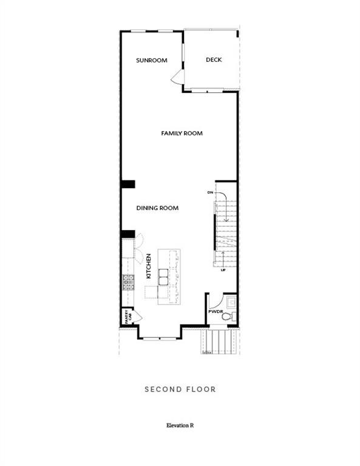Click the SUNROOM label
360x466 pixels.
click(x=151, y=60)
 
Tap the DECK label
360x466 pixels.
click(x=213, y=59)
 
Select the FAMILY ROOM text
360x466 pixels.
click(x=182, y=133)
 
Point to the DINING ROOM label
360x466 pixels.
click(x=157, y=208)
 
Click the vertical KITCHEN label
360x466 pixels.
click(x=148, y=266)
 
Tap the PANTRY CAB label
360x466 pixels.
click(x=128, y=316)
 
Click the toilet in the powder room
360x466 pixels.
click(x=226, y=316)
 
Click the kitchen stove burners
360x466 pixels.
click(x=128, y=283)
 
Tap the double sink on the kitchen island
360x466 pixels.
click(x=164, y=277)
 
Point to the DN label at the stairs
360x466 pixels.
click(x=210, y=192)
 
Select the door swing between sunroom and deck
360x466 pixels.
click(x=176, y=76)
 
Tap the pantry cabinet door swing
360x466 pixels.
click(x=137, y=316)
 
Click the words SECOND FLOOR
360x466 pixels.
click(x=180, y=389)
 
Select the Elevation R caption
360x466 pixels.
click(x=180, y=425)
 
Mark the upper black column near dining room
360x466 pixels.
click(x=127, y=184)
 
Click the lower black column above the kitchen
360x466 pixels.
click(x=127, y=234)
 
